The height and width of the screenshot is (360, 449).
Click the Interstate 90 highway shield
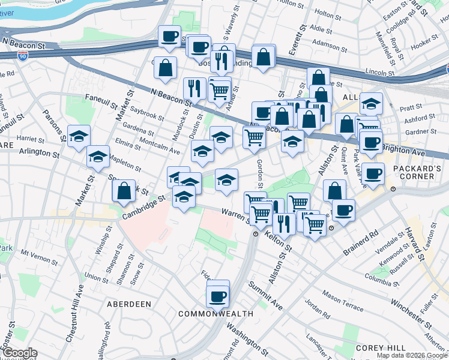(x=23, y=56)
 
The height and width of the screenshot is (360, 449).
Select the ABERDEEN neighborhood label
(x=128, y=304)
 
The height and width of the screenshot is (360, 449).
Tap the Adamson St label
(x=330, y=44)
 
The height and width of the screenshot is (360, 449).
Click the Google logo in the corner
(x=20, y=353)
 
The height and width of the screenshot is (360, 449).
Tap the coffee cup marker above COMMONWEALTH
(x=217, y=296)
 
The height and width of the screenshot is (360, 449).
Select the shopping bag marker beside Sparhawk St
(x=124, y=191)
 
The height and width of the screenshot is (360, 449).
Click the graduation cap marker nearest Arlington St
(x=98, y=158)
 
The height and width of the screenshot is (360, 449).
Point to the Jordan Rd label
(x=317, y=309)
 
